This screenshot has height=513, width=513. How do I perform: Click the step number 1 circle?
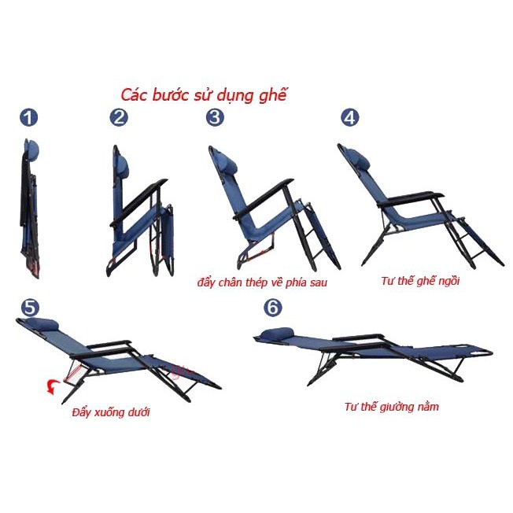tap(29, 118)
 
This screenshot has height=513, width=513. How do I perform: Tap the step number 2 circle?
tap(120, 118)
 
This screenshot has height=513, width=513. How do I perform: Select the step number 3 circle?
tap(215, 118)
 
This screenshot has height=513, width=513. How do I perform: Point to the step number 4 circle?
tap(349, 118)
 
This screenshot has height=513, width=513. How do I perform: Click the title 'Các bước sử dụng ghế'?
tap(204, 95)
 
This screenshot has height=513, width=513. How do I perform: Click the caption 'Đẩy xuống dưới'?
tap(110, 412)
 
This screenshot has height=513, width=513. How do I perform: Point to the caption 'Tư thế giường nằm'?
tap(391, 407)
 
